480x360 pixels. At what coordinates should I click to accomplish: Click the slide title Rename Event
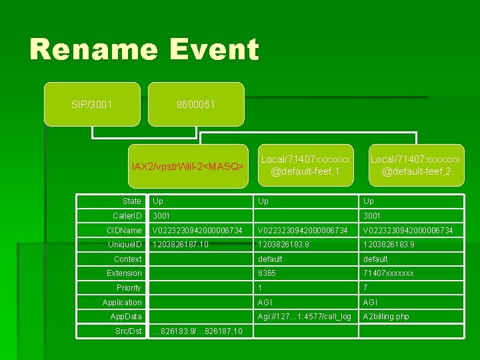point(143,50)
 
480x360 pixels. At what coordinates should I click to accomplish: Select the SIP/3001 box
point(92,105)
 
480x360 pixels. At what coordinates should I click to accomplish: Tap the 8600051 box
point(196,105)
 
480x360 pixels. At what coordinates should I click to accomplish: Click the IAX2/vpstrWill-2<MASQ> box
point(187,165)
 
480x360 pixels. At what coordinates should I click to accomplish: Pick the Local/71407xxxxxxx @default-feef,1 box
point(305,165)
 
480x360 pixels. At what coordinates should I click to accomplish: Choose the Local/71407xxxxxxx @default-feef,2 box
point(415,165)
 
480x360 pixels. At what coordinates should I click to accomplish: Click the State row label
point(132,201)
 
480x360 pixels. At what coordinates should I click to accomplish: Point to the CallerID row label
point(127,216)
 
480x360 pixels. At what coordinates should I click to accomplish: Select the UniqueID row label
point(125,245)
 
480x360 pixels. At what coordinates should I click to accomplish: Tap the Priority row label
point(129,288)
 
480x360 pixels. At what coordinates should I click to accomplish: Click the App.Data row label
point(126,317)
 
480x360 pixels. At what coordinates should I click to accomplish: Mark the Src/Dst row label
point(128,331)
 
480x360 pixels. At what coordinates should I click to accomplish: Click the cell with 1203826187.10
point(181,245)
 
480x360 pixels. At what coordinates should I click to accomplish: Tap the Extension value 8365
point(267,273)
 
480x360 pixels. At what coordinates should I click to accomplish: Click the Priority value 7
point(365,288)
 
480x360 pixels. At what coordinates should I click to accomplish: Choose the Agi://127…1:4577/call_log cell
point(305,317)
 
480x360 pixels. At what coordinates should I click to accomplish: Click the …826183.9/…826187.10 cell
point(197,331)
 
